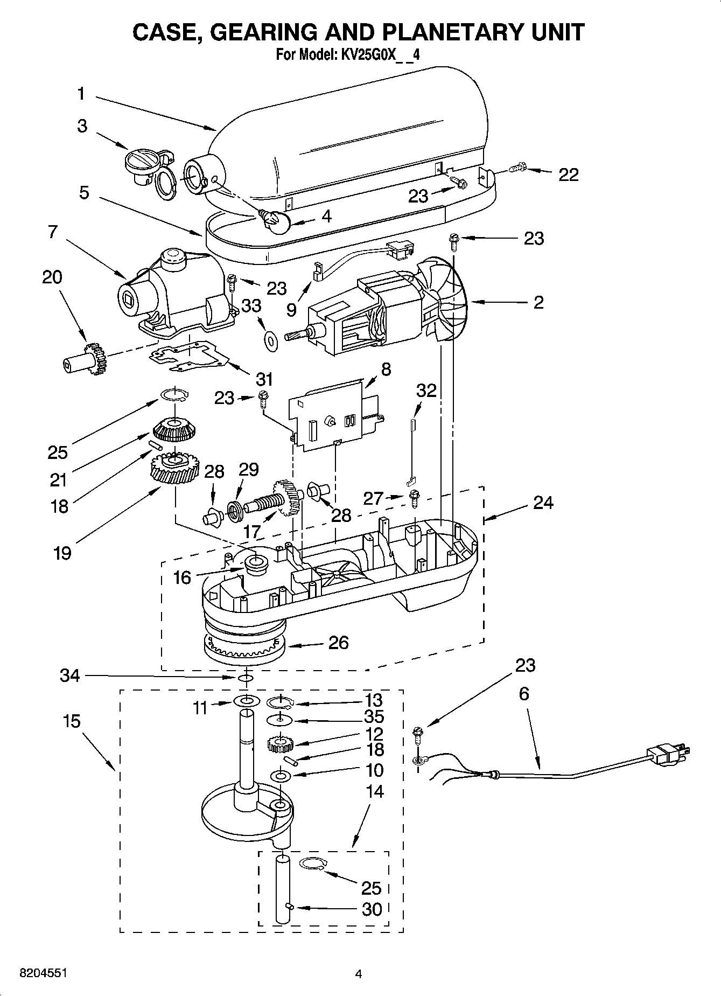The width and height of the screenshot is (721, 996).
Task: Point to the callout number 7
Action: coord(52,232)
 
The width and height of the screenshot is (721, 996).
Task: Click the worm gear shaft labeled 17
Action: coord(269,500)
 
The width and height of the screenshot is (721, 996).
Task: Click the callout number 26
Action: coord(338,643)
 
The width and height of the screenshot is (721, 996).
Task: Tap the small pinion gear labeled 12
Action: coord(279,744)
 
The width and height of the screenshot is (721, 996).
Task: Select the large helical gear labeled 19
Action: coord(173,469)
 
